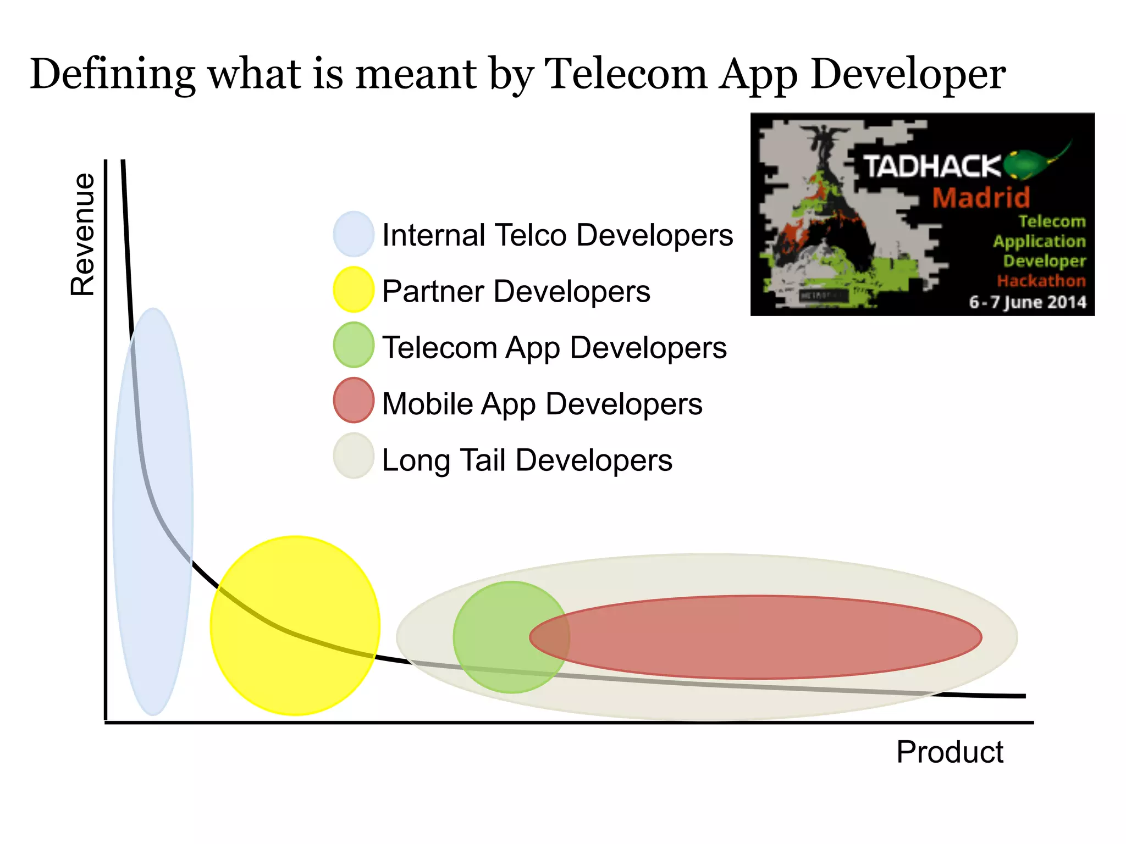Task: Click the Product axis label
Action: [x=950, y=752]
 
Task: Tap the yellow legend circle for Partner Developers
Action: [x=354, y=290]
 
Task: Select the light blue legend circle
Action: [x=354, y=234]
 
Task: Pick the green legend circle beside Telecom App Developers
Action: [x=354, y=345]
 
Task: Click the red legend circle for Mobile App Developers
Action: [x=354, y=401]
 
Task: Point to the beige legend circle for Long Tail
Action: [x=354, y=456]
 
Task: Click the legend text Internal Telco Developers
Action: [x=558, y=235]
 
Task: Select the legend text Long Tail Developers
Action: [x=527, y=460]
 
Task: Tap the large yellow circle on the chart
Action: [x=295, y=625]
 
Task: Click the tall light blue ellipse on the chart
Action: [x=153, y=511]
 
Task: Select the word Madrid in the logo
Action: [x=981, y=198]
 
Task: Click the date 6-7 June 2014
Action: [x=1027, y=302]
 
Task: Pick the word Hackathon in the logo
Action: [x=1041, y=281]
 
